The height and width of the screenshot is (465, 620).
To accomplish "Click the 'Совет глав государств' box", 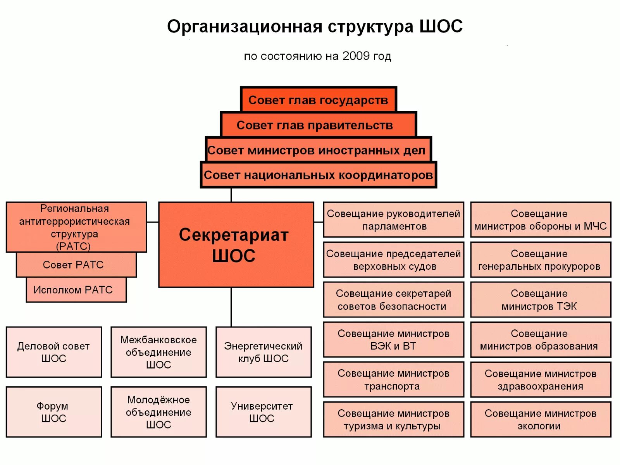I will (x=318, y=100).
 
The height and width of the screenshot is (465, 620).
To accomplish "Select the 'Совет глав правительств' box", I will (x=318, y=125).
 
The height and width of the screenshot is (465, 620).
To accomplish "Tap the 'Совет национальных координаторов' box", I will (x=318, y=175).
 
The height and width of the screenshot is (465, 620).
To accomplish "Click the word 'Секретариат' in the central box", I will (x=234, y=235).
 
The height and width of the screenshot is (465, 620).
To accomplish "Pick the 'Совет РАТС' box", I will (x=76, y=265).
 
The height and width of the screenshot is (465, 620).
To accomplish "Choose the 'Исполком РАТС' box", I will (x=76, y=290).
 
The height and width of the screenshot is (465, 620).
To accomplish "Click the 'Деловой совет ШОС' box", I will (x=53, y=352).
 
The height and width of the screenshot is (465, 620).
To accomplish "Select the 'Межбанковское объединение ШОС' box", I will (x=158, y=352).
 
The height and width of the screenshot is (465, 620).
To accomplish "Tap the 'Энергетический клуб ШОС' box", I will (x=263, y=352).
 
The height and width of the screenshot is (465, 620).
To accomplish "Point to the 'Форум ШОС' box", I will (x=53, y=412).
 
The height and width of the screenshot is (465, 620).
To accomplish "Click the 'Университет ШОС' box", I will (x=263, y=412).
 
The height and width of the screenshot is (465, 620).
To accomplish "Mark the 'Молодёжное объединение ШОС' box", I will (x=158, y=412).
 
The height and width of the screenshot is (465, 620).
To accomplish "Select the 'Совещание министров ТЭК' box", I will (x=541, y=300).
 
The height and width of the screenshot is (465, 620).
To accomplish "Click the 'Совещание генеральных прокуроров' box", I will (x=541, y=260).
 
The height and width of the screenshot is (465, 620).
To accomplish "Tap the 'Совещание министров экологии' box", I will (x=541, y=419).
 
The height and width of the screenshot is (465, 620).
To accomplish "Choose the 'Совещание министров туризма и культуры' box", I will (x=393, y=419).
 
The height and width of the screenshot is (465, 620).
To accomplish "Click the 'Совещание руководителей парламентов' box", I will (x=393, y=219).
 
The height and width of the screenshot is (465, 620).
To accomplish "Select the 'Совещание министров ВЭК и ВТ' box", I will (x=393, y=339).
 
